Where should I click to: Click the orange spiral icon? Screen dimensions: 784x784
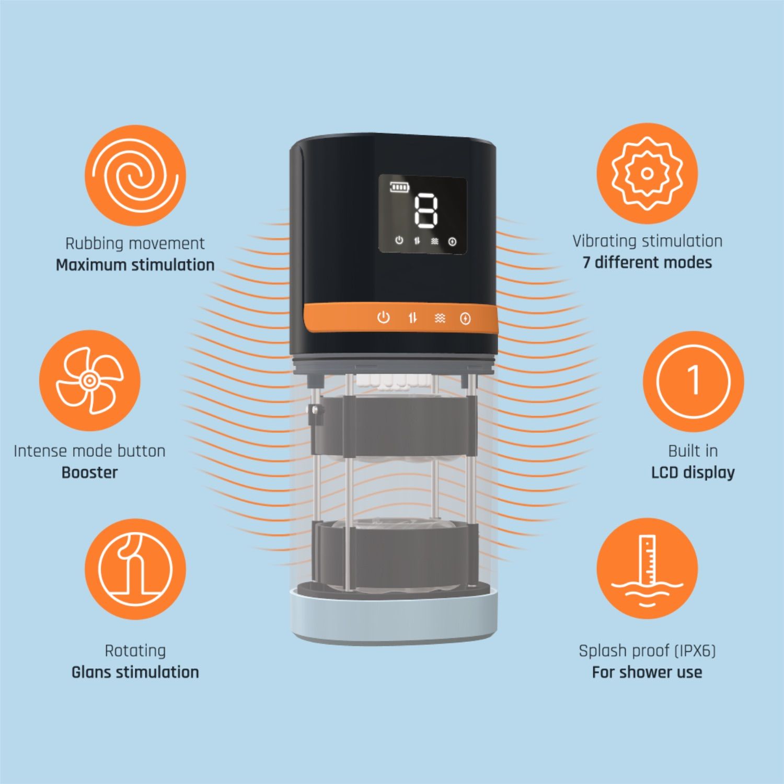coord(135,176)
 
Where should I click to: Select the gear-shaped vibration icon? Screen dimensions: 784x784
coord(647,174)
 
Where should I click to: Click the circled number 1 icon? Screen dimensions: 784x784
coord(693,381)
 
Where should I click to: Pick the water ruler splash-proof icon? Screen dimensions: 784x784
coord(647,569)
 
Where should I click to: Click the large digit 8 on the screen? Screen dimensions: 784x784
coord(426,211)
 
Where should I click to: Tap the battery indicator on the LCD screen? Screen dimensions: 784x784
coord(400,187)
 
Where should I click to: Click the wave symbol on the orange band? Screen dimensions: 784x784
coord(440,318)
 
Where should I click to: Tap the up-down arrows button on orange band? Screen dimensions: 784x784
coord(413,317)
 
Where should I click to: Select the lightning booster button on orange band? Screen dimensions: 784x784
coord(465,318)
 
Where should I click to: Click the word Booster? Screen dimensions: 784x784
coord(89,472)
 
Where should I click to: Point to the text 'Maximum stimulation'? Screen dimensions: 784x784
coord(135,265)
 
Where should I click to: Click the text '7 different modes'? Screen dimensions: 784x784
coord(647,262)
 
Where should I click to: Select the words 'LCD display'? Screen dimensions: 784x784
coord(693,473)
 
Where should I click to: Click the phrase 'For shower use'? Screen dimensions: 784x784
coord(647,672)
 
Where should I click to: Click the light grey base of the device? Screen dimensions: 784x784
coord(395,617)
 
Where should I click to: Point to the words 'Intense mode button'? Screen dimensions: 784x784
coord(89,451)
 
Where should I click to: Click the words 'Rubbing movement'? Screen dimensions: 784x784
coord(135,244)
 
